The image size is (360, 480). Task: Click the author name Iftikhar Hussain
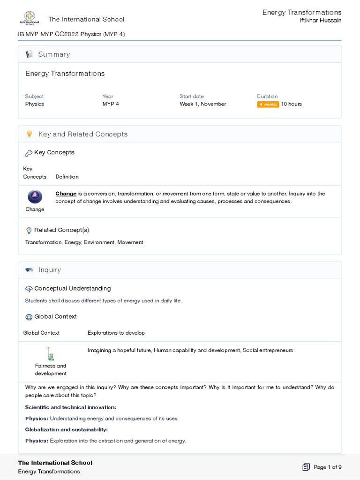(x=321, y=21)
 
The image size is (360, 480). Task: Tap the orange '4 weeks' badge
(x=268, y=104)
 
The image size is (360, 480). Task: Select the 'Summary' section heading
(x=54, y=54)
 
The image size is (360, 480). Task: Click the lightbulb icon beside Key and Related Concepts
(x=29, y=134)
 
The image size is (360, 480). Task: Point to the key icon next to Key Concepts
(x=29, y=153)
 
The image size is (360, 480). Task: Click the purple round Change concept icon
(x=35, y=196)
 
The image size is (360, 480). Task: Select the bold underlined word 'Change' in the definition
(x=66, y=194)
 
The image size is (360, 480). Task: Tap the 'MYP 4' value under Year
(x=111, y=104)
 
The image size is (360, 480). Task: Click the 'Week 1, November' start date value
(x=202, y=104)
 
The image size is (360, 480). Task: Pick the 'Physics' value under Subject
(x=34, y=104)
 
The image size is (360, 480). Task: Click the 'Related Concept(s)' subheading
(x=61, y=230)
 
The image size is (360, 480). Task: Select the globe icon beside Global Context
(x=29, y=317)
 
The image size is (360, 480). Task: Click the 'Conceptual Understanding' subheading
(x=73, y=288)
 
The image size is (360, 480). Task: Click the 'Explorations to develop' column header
(x=116, y=333)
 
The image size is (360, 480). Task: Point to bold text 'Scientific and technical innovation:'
(x=70, y=407)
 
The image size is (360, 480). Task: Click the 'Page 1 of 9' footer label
(x=328, y=467)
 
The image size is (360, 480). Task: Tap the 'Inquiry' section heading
(x=50, y=270)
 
